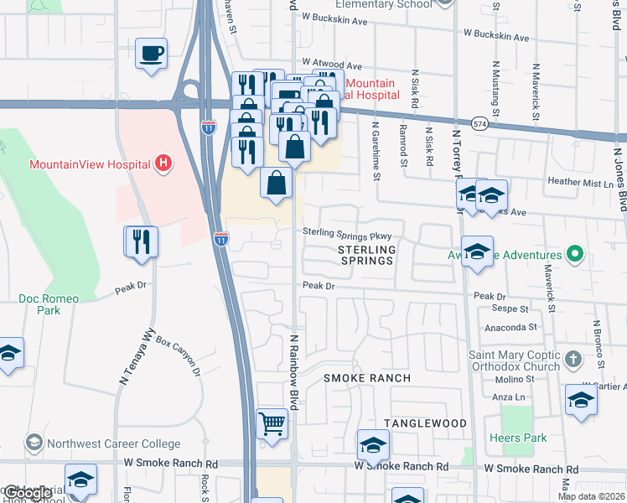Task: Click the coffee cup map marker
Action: click(151, 54)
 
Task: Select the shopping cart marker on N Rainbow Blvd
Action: click(272, 424)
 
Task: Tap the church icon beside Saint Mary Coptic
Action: click(573, 360)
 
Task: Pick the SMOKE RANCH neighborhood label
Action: click(367, 378)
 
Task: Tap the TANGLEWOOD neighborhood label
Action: click(425, 423)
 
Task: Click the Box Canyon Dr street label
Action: click(179, 356)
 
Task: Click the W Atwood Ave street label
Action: click(331, 64)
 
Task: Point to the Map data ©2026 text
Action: click(590, 496)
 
